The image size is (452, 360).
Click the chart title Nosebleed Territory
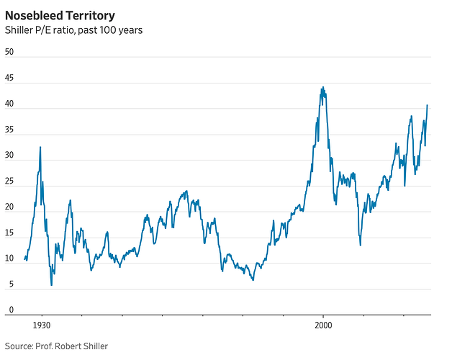tap(59, 14)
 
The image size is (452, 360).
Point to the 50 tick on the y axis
tap(9, 52)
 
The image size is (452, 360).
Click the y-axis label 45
tap(9, 78)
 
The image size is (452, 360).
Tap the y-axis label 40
tap(9, 104)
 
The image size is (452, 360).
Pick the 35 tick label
tap(9, 130)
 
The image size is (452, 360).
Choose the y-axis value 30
tap(9, 156)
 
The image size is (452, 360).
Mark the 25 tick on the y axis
tap(9, 181)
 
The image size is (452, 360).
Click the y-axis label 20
tap(9, 207)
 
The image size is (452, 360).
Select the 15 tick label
tap(9, 233)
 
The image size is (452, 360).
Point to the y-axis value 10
tap(9, 259)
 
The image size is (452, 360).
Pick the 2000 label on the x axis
tap(323, 325)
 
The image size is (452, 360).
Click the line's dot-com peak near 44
tap(322, 87)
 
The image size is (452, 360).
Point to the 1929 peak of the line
tap(40, 147)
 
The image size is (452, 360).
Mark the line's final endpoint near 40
tap(428, 105)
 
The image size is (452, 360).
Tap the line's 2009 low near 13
tap(361, 245)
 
